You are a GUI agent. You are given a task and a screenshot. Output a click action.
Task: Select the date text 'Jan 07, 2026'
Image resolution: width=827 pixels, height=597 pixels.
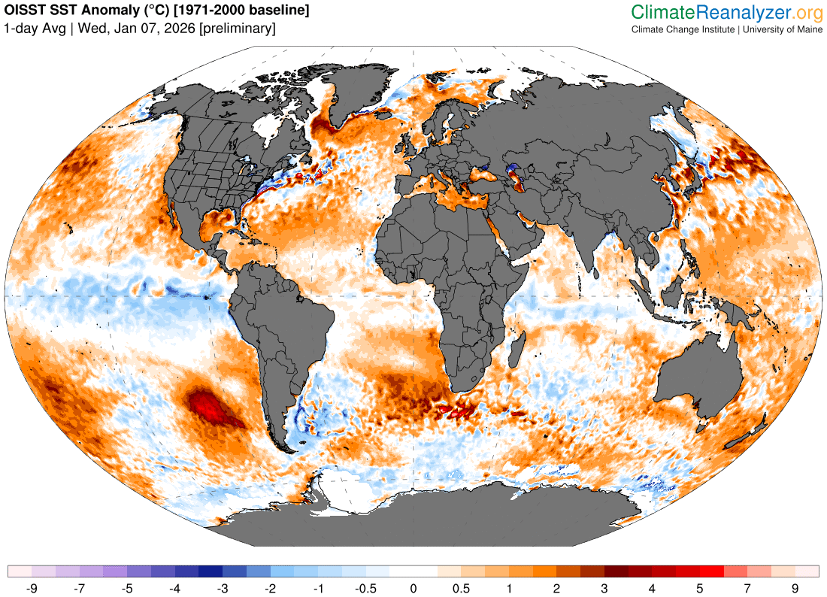click(x=157, y=29)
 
